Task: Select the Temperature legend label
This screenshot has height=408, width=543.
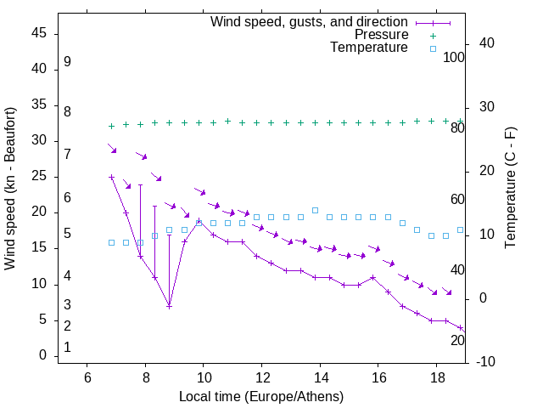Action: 369,48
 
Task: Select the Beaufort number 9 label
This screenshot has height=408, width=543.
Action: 67,62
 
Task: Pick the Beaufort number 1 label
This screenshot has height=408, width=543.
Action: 67,348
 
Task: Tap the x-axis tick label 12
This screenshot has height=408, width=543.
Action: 262,378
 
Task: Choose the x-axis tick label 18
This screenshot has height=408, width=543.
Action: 437,378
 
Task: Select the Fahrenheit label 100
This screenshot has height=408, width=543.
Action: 454,57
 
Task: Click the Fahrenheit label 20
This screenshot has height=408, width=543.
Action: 457,340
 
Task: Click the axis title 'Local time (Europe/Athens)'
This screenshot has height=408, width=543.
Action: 261,396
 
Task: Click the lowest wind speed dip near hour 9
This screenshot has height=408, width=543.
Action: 170,306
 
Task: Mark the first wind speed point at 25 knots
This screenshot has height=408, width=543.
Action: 111,177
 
